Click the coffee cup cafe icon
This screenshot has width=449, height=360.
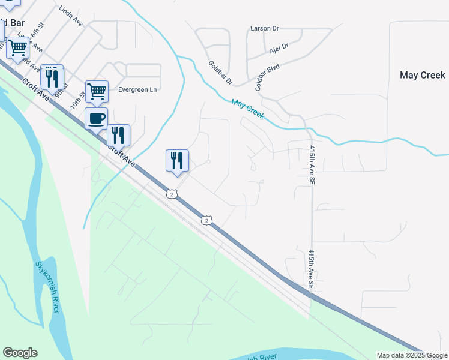97,118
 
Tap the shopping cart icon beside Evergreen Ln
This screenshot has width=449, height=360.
97,91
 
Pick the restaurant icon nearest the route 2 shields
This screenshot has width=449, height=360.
177,160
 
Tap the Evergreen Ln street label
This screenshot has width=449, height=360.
137,89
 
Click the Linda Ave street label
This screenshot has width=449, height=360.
71,16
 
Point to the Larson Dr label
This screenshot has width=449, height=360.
265,28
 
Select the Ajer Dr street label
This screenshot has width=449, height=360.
279,46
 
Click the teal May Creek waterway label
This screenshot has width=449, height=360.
248,109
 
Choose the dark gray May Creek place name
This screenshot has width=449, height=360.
423,75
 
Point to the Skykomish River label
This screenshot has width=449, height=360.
47,287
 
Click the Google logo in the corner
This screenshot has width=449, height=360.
20,353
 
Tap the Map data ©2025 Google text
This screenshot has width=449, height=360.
412,355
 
